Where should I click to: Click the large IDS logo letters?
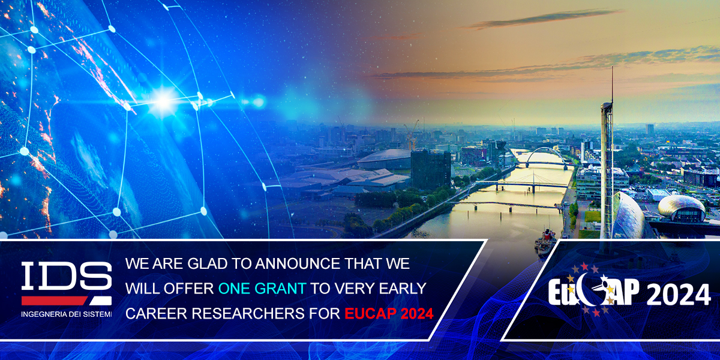coord(66,278)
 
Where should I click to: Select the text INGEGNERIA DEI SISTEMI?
coord(66,314)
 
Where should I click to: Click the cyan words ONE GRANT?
coord(262,289)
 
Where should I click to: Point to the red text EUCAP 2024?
coord(388,313)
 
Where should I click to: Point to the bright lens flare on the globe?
coord(163,100)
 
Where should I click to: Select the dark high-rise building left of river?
coord(430,169)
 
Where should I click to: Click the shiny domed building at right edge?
coord(682,208)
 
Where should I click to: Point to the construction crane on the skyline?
coord(412,134)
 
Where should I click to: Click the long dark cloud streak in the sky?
coord(540,18)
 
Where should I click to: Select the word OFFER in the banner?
coord(187,289)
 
